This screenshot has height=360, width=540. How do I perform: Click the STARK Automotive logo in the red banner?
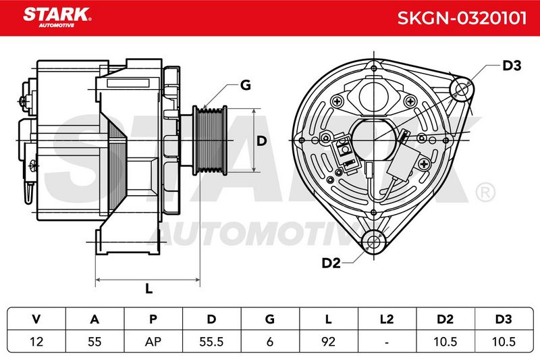point(57,18)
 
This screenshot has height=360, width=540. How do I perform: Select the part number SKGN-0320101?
point(462,18)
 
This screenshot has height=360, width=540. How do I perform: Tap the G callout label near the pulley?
point(246,84)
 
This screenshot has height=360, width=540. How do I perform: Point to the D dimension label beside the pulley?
point(262,140)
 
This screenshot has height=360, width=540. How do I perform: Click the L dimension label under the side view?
point(148,288)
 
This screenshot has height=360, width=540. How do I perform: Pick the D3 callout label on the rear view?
point(512,66)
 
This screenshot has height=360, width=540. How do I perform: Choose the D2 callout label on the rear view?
point(331,263)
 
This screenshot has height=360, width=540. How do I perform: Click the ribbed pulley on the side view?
point(210,140)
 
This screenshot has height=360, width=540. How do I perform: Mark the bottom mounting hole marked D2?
point(374,242)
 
